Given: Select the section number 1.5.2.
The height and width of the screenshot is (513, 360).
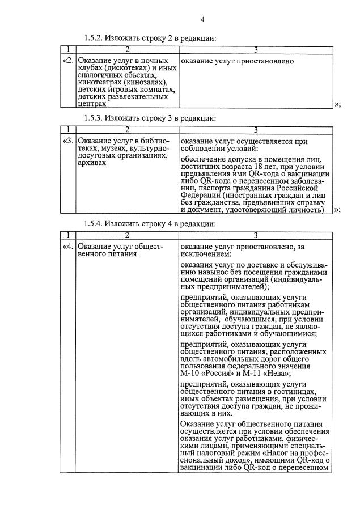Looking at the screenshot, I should pyautogui.click(x=93, y=38).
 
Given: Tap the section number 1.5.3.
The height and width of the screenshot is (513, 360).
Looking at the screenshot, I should pyautogui.click(x=93, y=118).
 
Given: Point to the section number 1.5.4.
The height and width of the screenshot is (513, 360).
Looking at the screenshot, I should pyautogui.click(x=93, y=223).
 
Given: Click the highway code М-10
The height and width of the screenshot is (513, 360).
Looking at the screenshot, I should pyautogui.click(x=190, y=372).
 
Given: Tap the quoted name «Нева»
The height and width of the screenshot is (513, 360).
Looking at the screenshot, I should pyautogui.click(x=276, y=372).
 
